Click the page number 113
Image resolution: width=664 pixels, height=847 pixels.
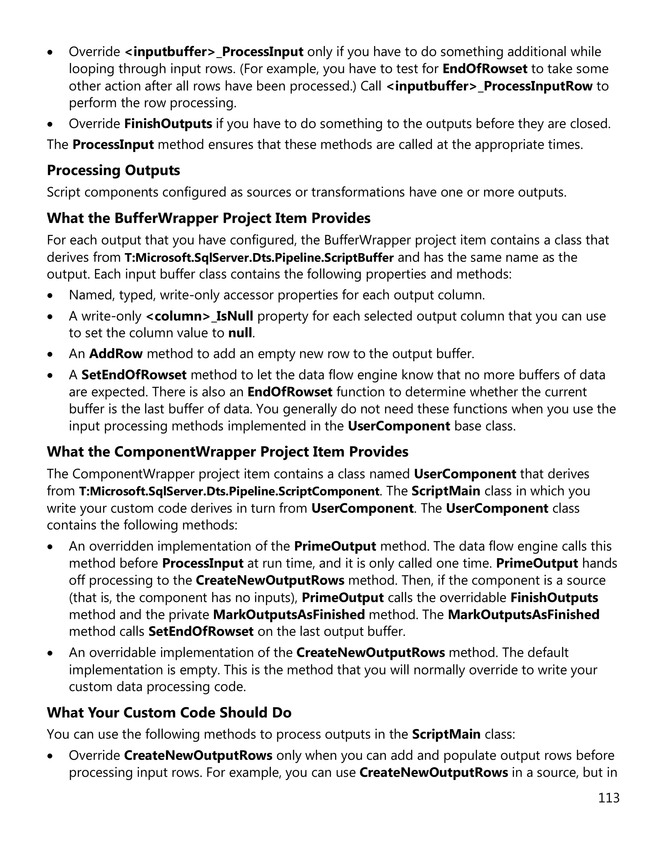(x=609, y=798)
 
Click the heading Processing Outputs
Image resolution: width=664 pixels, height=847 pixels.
(x=113, y=170)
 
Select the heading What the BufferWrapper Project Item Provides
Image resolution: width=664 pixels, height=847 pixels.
(x=208, y=218)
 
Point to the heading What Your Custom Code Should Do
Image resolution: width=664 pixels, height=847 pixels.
(x=169, y=712)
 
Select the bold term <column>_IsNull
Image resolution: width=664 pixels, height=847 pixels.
(x=199, y=316)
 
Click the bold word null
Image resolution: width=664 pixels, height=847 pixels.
(x=240, y=333)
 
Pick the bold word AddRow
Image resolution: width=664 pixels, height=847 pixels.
(x=116, y=354)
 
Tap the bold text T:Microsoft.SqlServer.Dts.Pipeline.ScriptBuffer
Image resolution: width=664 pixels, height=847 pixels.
(x=259, y=257)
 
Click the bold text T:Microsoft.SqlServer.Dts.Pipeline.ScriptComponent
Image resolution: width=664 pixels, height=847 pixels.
(x=229, y=491)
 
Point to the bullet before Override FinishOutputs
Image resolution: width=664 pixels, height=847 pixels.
(x=50, y=124)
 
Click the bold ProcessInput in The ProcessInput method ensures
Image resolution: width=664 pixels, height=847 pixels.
(x=113, y=145)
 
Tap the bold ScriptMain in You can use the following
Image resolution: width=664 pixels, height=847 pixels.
(x=446, y=734)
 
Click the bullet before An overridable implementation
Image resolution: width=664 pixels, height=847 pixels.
(x=50, y=653)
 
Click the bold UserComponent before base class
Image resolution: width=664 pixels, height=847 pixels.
(x=399, y=426)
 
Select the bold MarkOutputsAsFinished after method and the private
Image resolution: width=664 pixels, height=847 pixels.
(x=289, y=615)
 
